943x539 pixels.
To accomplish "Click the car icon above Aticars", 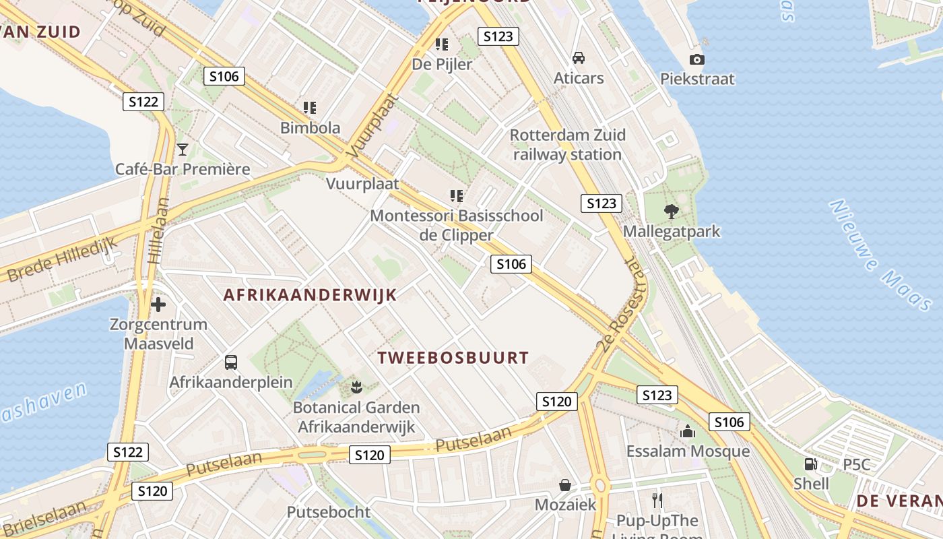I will pyautogui.click(x=579, y=58).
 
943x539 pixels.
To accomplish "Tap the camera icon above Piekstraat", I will pyautogui.click(x=697, y=59).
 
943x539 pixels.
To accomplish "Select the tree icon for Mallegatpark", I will pyautogui.click(x=671, y=212).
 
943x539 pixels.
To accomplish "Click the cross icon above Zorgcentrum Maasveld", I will pyautogui.click(x=158, y=305).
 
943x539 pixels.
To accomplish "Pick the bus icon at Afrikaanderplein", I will pyautogui.click(x=231, y=362).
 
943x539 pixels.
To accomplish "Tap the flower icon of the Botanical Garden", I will pyautogui.click(x=356, y=387).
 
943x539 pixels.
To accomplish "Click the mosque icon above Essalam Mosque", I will pyautogui.click(x=688, y=431).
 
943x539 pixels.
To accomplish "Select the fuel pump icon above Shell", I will pyautogui.click(x=810, y=464).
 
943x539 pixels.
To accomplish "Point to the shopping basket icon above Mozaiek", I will pyautogui.click(x=565, y=485).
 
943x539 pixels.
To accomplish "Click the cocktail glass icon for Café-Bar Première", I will pyautogui.click(x=182, y=149).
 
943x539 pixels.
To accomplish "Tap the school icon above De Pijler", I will pyautogui.click(x=442, y=44).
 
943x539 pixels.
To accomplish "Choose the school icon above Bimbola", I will pyautogui.click(x=310, y=108).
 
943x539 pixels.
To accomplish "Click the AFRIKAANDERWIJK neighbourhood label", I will pyautogui.click(x=310, y=295).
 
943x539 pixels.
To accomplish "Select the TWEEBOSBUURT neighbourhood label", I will pyautogui.click(x=453, y=358).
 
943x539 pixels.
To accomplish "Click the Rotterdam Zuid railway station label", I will pyautogui.click(x=568, y=145).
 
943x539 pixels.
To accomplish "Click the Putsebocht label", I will pyautogui.click(x=329, y=512).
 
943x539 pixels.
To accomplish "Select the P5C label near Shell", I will pyautogui.click(x=857, y=465).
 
